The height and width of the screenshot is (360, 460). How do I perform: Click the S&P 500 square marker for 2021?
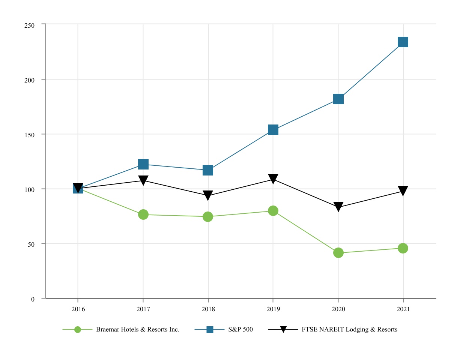[403, 42]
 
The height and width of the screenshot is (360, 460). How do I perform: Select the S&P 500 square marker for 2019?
[273, 130]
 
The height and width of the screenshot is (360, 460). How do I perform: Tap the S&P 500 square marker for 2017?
[143, 164]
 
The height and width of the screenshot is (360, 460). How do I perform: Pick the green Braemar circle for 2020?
[338, 253]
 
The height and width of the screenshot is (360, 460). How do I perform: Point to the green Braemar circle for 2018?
[208, 217]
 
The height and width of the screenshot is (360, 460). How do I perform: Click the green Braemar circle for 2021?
[403, 248]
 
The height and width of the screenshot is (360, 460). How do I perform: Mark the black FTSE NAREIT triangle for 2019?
[273, 178]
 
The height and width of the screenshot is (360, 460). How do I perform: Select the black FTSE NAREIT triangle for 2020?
[338, 206]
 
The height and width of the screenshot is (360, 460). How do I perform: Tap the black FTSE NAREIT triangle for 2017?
[143, 180]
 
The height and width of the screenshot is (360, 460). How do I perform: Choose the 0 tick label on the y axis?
[33, 299]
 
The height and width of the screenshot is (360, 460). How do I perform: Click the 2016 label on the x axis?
[78, 310]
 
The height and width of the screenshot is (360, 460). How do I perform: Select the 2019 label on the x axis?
[273, 310]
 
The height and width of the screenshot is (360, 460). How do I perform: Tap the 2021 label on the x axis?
[403, 310]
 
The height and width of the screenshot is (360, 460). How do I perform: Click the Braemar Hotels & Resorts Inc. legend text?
[138, 330]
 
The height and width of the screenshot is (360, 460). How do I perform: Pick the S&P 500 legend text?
[241, 330]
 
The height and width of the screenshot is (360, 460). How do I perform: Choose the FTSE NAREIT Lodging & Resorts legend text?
[349, 330]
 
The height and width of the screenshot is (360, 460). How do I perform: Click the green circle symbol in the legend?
[78, 330]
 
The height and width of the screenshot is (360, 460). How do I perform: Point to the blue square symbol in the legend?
[210, 330]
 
